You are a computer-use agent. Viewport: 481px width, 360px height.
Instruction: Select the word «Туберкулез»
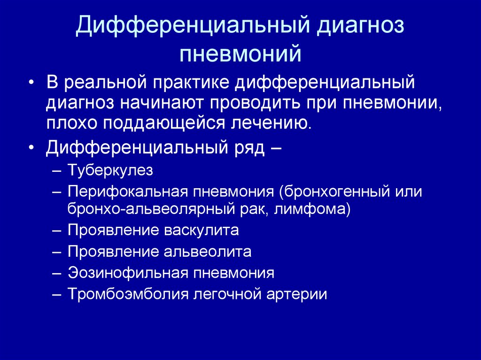[x=110, y=170]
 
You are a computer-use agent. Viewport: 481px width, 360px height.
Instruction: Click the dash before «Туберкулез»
[x=57, y=170]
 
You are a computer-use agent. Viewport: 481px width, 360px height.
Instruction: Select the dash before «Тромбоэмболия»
[x=57, y=295]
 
